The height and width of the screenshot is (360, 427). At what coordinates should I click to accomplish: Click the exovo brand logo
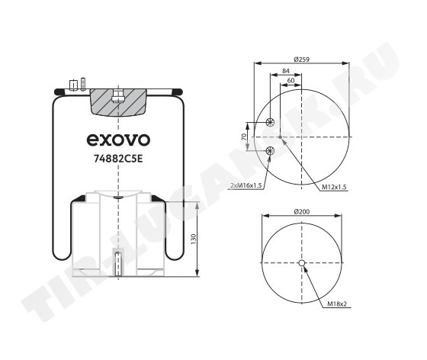click(118, 140)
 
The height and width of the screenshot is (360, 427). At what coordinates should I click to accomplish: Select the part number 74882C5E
click(118, 159)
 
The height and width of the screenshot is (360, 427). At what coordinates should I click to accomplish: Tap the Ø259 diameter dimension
click(302, 59)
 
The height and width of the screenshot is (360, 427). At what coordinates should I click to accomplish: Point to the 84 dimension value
click(285, 71)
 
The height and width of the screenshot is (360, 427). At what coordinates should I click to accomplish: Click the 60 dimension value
click(291, 81)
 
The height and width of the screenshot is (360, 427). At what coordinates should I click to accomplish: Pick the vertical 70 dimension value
click(244, 137)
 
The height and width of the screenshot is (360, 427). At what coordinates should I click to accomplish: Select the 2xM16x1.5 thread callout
click(246, 185)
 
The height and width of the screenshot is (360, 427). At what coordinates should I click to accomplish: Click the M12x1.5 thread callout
click(334, 187)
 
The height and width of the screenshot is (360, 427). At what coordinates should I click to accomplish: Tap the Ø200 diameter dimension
click(302, 211)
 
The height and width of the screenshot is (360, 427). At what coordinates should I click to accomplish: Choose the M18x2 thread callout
click(337, 304)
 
